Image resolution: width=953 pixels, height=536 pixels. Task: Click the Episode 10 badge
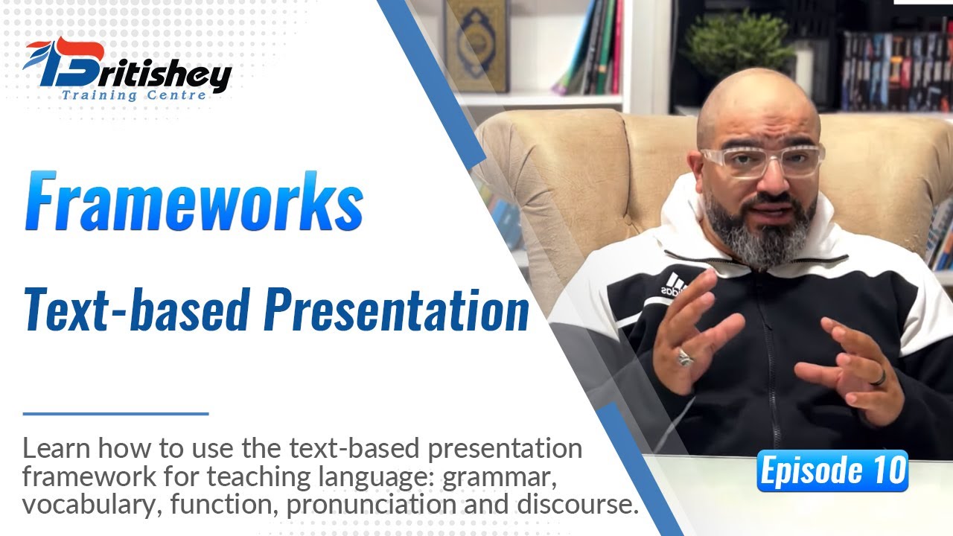pyautogui.click(x=832, y=471)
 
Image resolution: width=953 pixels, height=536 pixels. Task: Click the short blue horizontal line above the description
pyautogui.click(x=115, y=413)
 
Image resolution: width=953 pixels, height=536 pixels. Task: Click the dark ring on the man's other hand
pyautogui.click(x=879, y=377)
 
